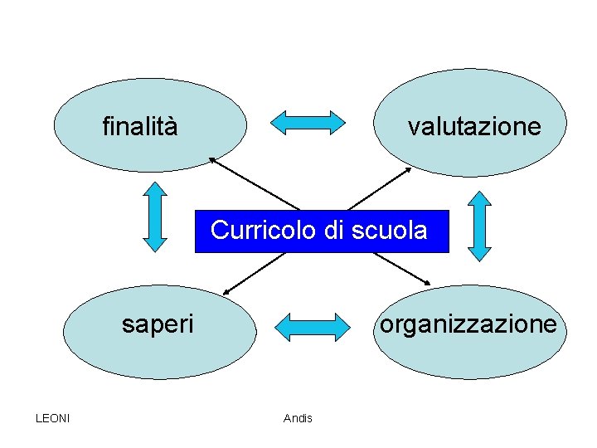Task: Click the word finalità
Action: pos(139,127)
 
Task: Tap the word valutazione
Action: pos(473,127)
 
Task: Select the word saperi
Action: pos(157,324)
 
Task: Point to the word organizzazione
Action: pos(468,324)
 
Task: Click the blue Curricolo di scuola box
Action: pos(320,231)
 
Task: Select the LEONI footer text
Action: pos(53,417)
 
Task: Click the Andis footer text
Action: pos(298,418)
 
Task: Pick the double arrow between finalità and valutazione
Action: pos(308,122)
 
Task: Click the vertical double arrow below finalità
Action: pos(155,217)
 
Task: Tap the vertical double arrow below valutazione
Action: pos(479,226)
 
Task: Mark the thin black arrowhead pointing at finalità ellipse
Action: pos(211,158)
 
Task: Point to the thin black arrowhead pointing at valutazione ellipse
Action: pos(408,169)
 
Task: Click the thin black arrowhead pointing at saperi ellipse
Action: pos(226,292)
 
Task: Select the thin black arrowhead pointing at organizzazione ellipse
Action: pos(426,281)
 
